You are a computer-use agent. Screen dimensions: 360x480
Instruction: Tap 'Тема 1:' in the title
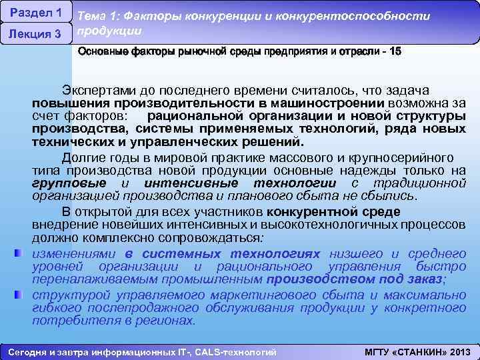coord(98,16)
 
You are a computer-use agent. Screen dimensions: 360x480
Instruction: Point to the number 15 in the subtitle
coord(395,51)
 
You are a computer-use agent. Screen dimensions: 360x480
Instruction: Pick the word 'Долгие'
coord(83,158)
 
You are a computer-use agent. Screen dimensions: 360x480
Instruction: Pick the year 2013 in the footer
coord(459,351)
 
